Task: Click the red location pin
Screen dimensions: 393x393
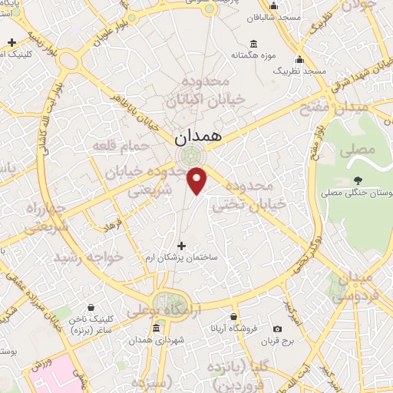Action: [197, 180]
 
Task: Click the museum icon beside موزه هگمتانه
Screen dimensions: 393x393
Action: [254, 43]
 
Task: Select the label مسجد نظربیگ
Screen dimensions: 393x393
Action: [301, 71]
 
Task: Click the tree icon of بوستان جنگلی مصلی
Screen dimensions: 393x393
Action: [358, 181]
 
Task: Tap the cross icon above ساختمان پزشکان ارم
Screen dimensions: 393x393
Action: [181, 246]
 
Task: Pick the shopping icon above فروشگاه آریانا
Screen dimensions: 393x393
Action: [233, 315]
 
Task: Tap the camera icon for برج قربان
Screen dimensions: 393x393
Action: [277, 329]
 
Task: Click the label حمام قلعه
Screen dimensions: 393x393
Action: [124, 144]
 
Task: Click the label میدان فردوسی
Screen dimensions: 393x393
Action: [354, 285]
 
